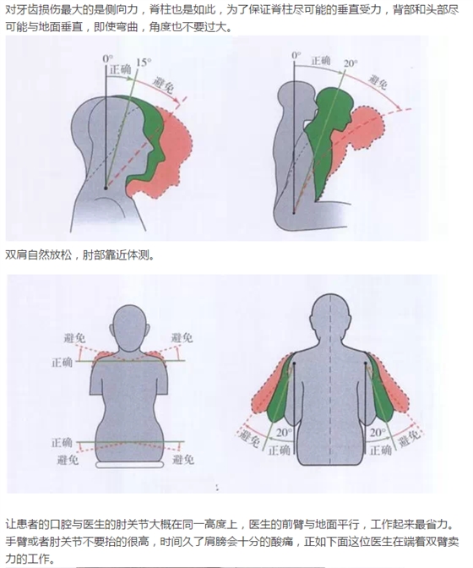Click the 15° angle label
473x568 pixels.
coord(144,63)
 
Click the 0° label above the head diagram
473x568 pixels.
coord(107,58)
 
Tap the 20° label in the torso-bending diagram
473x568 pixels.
coord(351,63)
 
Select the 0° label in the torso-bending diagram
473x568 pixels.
coord(296,56)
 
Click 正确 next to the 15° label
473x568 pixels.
coord(120,69)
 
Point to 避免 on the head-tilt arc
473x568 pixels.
coord(164,85)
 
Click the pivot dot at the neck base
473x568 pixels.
coord(106,188)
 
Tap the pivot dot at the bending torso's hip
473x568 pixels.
coord(294,213)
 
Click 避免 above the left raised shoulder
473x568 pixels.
coord(74,338)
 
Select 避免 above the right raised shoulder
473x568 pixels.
coord(182,338)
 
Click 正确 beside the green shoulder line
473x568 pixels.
coord(63,362)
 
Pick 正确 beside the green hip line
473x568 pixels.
coord(62,442)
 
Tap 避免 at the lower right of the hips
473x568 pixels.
coord(183,460)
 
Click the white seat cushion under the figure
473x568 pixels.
coord(129,464)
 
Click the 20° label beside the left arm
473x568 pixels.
coord(284,433)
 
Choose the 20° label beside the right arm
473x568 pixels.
coord(378,433)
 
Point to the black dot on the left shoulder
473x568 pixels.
coord(295,363)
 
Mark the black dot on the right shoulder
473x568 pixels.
coord(366,363)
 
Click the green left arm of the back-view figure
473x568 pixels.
coord(279,395)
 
